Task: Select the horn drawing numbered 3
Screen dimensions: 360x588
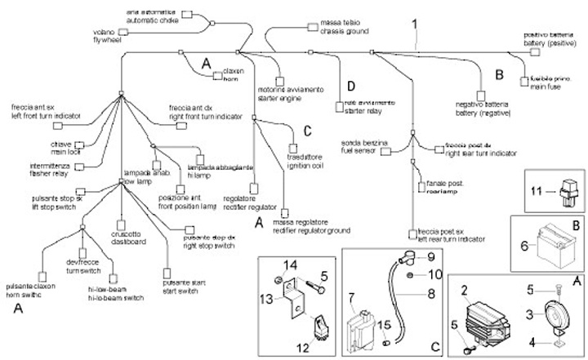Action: [x=540, y=314]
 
